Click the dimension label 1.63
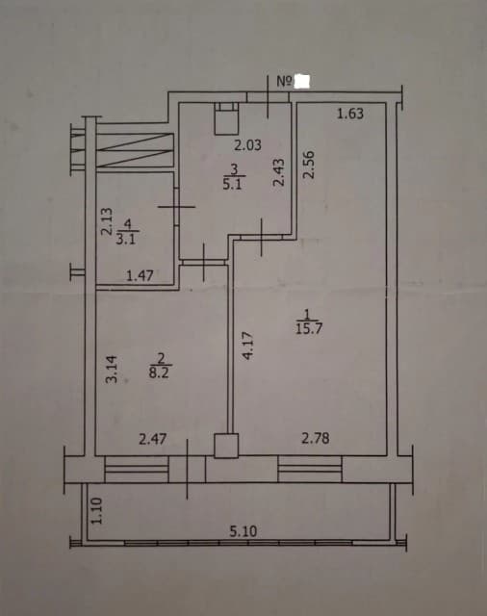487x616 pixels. (x=350, y=114)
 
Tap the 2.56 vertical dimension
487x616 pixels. (x=310, y=165)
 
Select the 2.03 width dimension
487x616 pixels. (x=247, y=145)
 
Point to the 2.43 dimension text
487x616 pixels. (x=278, y=172)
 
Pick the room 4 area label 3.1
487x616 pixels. (x=126, y=239)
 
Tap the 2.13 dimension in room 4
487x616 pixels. (x=107, y=221)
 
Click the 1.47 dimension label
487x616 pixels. (x=140, y=276)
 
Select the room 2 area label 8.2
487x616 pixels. (x=159, y=372)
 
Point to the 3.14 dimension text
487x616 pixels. (x=112, y=369)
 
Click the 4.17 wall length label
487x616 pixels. (x=248, y=346)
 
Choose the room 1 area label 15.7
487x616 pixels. (x=309, y=328)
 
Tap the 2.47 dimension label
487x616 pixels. (x=153, y=439)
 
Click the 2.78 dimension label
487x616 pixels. (x=316, y=438)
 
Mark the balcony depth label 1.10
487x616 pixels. (x=96, y=511)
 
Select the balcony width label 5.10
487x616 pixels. (x=243, y=531)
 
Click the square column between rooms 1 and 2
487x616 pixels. (x=226, y=446)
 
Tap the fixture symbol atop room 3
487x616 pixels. (x=226, y=118)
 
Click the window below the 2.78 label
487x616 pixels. (x=310, y=469)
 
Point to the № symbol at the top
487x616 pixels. (x=285, y=81)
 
